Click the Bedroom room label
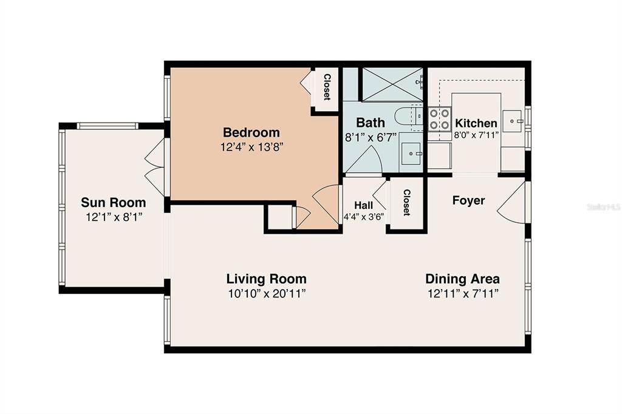coord(251,132)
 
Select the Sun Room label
coord(114,203)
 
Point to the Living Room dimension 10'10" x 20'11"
coord(266,294)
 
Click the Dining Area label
coord(462,279)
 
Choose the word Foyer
coord(468,200)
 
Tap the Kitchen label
coord(476,123)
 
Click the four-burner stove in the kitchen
coord(439,119)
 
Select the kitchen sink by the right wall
coord(514,121)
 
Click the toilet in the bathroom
coord(406,115)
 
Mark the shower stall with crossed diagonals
coord(392,84)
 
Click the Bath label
coord(370,123)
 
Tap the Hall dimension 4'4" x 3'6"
coord(364,217)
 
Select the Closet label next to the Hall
coord(406,203)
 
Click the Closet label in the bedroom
coord(327,87)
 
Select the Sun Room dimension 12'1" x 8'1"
coord(114,217)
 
